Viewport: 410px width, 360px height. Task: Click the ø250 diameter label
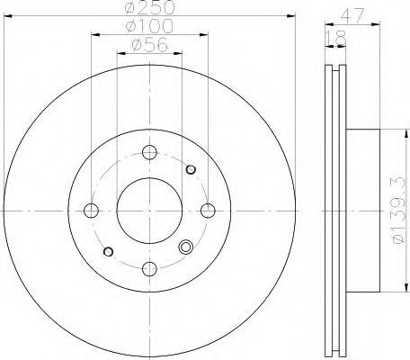149,7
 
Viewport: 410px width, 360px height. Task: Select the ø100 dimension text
149,26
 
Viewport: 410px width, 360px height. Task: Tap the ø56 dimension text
149,45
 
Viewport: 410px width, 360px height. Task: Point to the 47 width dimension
352,15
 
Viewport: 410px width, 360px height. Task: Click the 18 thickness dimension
335,38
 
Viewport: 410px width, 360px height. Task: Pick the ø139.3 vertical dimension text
402,211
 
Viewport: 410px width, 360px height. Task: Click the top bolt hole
149,152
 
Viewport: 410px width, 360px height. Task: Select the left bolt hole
91,211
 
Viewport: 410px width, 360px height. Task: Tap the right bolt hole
208,211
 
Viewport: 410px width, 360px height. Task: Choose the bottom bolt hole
149,268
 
